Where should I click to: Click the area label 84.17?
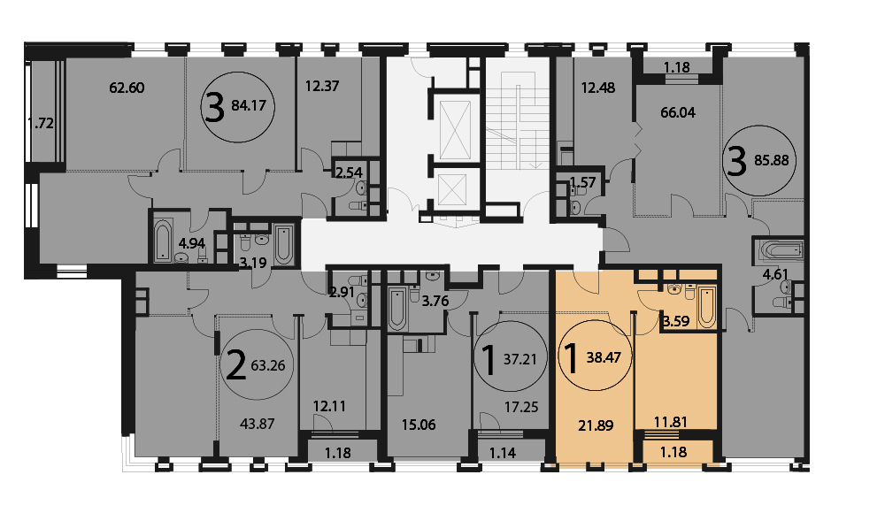(x=249, y=105)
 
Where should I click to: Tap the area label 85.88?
(x=772, y=160)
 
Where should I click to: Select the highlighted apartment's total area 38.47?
(x=604, y=357)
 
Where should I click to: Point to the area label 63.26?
(x=268, y=365)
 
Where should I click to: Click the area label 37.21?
(x=519, y=359)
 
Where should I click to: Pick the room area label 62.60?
(x=127, y=88)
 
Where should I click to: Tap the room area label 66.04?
(x=678, y=112)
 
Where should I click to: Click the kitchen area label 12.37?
(x=322, y=86)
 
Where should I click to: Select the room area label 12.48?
(x=597, y=88)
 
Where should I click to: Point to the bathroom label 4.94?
(x=192, y=244)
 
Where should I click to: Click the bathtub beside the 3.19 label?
(x=283, y=245)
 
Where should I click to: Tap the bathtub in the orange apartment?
(x=706, y=307)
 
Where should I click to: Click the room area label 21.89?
(x=596, y=425)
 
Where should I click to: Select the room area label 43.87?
(x=258, y=424)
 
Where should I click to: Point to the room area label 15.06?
(x=419, y=425)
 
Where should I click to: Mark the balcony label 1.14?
(x=503, y=453)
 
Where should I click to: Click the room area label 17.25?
(x=521, y=407)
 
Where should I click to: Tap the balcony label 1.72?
(x=42, y=123)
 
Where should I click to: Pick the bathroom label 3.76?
(x=435, y=301)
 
